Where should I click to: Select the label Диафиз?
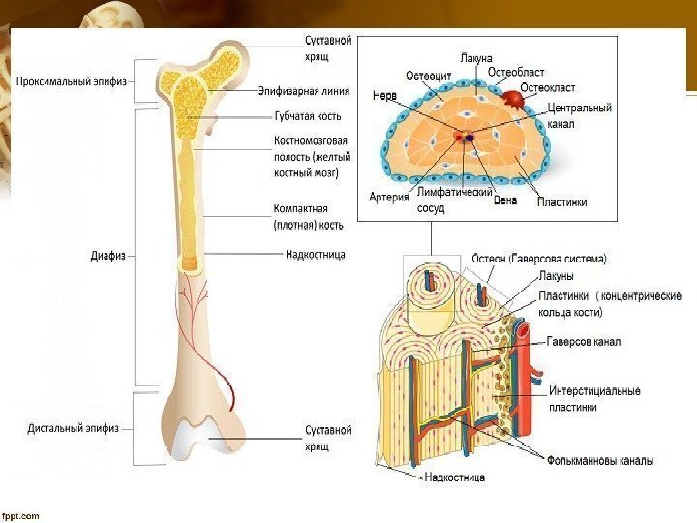106,257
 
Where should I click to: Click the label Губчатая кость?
307,117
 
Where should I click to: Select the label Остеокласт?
548,87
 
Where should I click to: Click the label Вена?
504,201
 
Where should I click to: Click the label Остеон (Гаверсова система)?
539,259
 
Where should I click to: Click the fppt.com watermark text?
21,515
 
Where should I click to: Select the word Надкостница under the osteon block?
455,477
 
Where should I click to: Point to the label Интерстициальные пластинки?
594,399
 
